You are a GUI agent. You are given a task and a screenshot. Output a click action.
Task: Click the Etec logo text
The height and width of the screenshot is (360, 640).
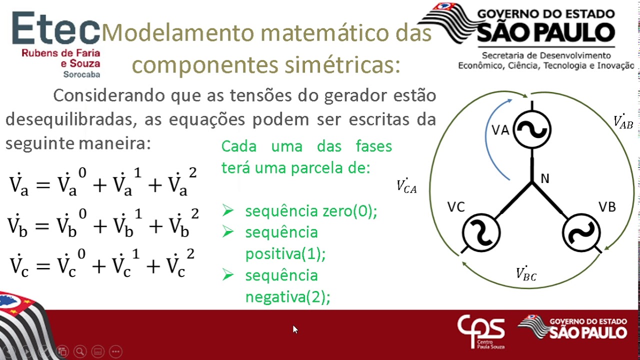pyautogui.click(x=55, y=29)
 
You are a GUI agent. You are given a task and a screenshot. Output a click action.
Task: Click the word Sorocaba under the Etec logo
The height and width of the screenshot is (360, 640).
pyautogui.click(x=81, y=74)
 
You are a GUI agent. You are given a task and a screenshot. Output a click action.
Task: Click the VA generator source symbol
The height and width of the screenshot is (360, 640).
pyautogui.click(x=532, y=129)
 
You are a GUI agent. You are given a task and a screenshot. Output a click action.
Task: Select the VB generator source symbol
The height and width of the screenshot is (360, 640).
pyautogui.click(x=581, y=232)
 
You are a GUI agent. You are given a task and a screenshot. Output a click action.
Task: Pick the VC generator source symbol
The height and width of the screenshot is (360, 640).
pyautogui.click(x=481, y=232)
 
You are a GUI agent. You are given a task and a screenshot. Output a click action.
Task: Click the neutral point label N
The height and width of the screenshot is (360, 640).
pyautogui.click(x=545, y=178)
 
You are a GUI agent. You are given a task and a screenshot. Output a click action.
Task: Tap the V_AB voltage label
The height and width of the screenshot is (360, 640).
pyautogui.click(x=623, y=121)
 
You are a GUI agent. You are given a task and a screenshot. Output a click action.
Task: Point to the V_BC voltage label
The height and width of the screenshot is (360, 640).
pyautogui.click(x=526, y=273)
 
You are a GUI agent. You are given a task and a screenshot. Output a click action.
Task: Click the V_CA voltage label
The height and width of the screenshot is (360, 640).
pyautogui.click(x=406, y=186)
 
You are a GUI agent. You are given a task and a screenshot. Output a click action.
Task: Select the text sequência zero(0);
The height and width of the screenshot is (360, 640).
pyautogui.click(x=310, y=211)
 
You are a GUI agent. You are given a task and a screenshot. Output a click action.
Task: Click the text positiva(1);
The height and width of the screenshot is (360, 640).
pyautogui.click(x=285, y=254)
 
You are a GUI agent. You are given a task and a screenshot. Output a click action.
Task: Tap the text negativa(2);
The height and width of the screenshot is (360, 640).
pyautogui.click(x=287, y=297)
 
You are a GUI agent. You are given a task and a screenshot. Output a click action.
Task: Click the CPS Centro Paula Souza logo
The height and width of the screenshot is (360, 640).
pyautogui.click(x=481, y=331)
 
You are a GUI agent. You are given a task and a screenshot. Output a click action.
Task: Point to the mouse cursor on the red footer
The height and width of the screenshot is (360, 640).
pyautogui.click(x=295, y=329)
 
